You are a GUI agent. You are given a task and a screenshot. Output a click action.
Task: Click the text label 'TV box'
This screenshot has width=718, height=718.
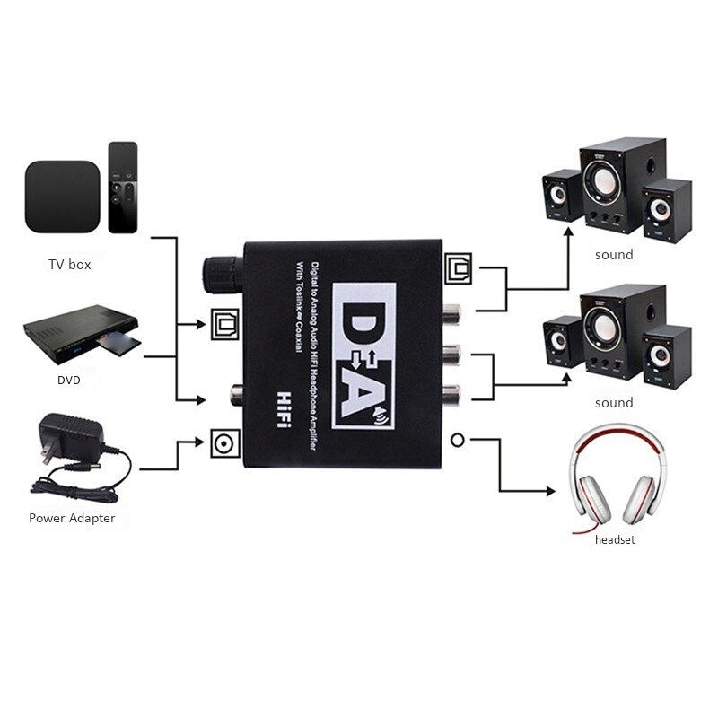pyautogui.click(x=69, y=265)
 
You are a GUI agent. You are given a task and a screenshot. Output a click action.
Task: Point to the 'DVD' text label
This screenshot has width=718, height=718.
pyautogui.click(x=68, y=380)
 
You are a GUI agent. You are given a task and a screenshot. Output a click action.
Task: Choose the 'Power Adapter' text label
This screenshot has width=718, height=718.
pyautogui.click(x=72, y=518)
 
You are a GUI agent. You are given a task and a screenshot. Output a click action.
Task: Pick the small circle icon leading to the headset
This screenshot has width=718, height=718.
pyautogui.click(x=458, y=440)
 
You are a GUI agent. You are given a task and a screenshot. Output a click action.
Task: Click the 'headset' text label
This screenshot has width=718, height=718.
pyautogui.click(x=614, y=540)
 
